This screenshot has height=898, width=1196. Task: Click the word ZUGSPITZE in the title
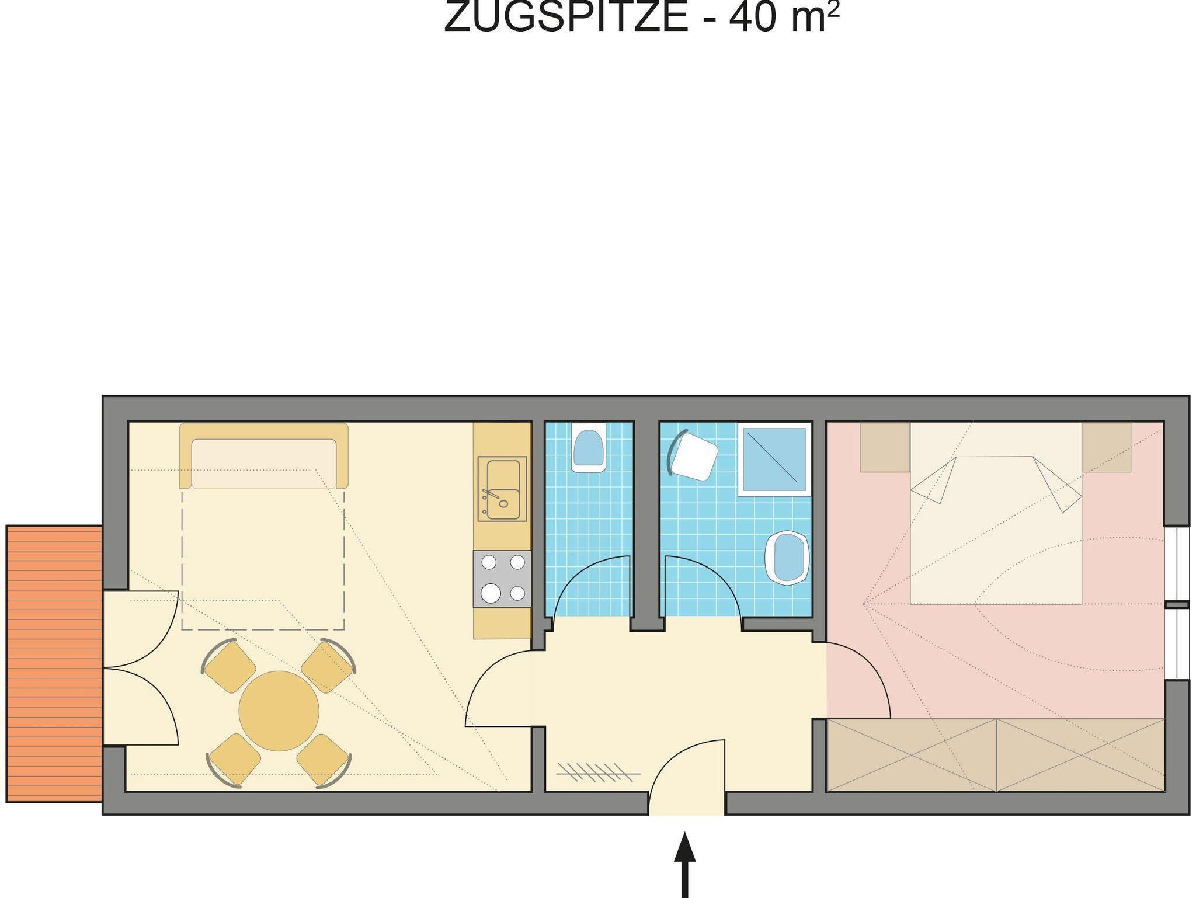[x=566, y=18]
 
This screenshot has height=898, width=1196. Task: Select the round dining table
[x=279, y=711]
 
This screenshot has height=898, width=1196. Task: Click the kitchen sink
[x=502, y=489]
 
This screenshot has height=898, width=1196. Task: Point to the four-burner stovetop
[x=502, y=579]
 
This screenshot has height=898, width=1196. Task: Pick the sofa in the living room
[x=264, y=455]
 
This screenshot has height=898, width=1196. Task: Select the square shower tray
[x=775, y=460]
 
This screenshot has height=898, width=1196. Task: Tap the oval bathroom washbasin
[x=788, y=558]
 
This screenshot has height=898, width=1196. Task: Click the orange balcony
[x=54, y=664]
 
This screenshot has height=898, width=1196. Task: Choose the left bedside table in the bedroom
[x=885, y=447]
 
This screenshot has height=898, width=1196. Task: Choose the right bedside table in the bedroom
[x=1107, y=447]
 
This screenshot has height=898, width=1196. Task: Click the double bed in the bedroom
[x=996, y=513]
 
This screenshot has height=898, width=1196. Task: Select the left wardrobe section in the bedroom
[x=912, y=755]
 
